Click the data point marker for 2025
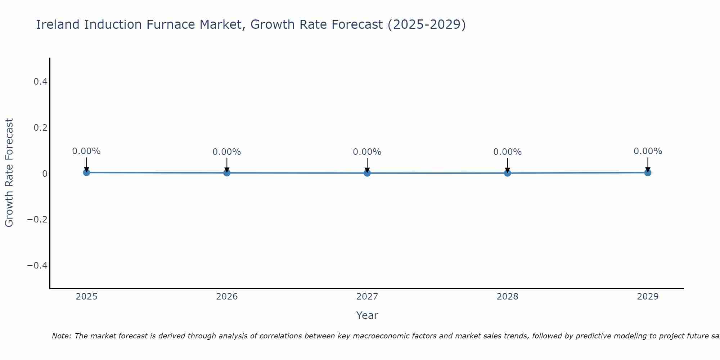[x=86, y=172]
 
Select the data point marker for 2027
[x=367, y=173]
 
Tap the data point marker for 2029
[x=648, y=172]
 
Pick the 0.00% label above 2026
[x=227, y=152]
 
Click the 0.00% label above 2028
[x=507, y=152]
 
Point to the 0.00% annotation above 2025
[x=86, y=151]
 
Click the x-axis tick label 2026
[x=227, y=297]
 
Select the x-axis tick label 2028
[x=507, y=297]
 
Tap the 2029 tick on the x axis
[x=648, y=297]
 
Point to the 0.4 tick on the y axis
[x=41, y=82]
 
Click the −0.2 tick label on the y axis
[x=37, y=220]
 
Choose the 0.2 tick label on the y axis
[x=41, y=128]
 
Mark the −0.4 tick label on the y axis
[x=37, y=266]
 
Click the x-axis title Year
[x=367, y=316]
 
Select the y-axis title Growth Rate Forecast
[x=9, y=173]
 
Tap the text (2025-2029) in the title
[x=426, y=25]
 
